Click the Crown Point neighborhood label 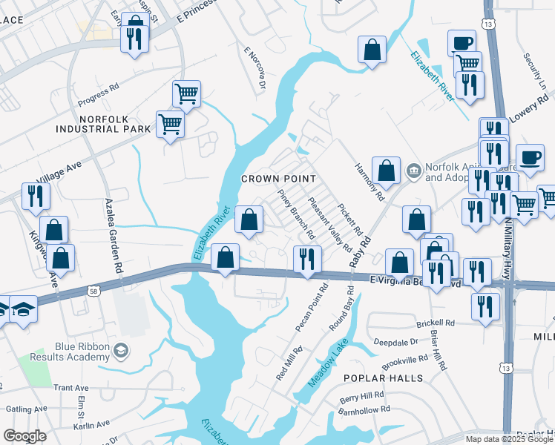[x=279, y=179]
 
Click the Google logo [x=24, y=436]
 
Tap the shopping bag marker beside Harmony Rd [x=387, y=171]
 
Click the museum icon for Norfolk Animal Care [x=413, y=172]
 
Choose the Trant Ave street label [x=71, y=388]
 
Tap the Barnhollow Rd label [x=365, y=409]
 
